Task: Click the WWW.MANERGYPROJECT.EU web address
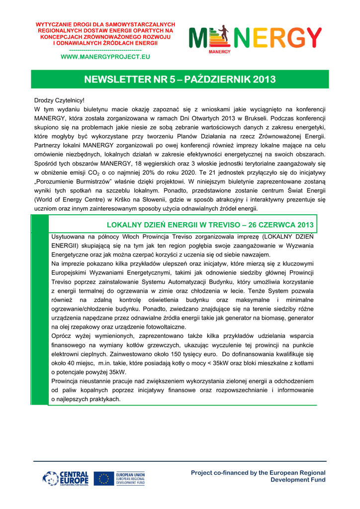tap(105, 57)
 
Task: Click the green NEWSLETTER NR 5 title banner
tap(180, 79)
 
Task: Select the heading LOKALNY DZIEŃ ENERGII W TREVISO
tap(210, 225)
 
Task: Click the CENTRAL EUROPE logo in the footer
tap(66, 479)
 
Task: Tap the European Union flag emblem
tap(104, 479)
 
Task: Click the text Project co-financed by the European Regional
tap(258, 473)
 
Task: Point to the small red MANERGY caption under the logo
tap(219, 51)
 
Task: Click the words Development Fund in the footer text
tap(298, 480)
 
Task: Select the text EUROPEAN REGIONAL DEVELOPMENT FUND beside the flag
tap(130, 479)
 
